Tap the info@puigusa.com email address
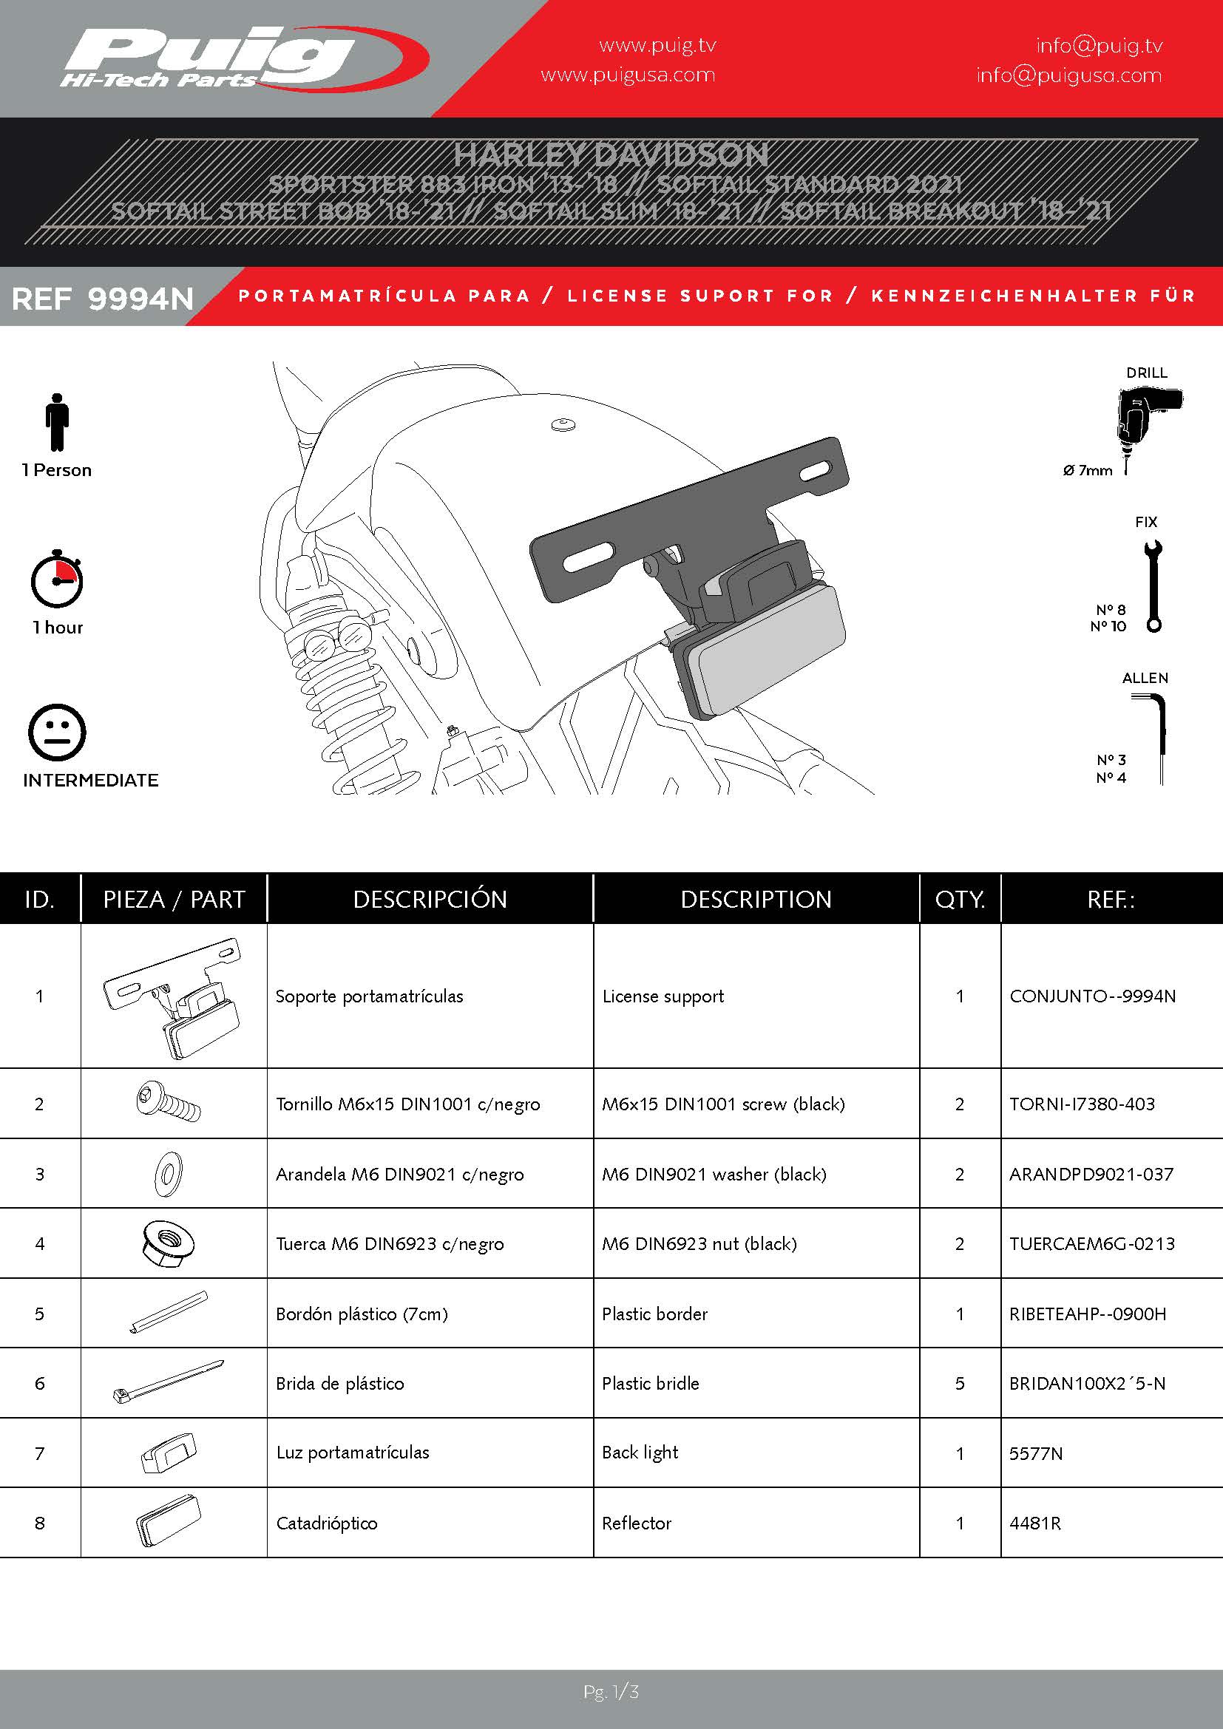1068,75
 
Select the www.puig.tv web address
657,45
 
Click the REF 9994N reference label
104,299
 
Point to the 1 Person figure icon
56,421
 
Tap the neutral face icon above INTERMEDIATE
56,733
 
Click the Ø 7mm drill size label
1088,471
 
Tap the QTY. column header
961,899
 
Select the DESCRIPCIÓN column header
430,899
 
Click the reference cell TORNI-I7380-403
1083,1104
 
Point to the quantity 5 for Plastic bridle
961,1383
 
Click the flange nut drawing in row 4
167,1244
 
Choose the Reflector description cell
637,1524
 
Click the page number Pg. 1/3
611,1692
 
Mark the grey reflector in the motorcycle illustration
768,652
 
